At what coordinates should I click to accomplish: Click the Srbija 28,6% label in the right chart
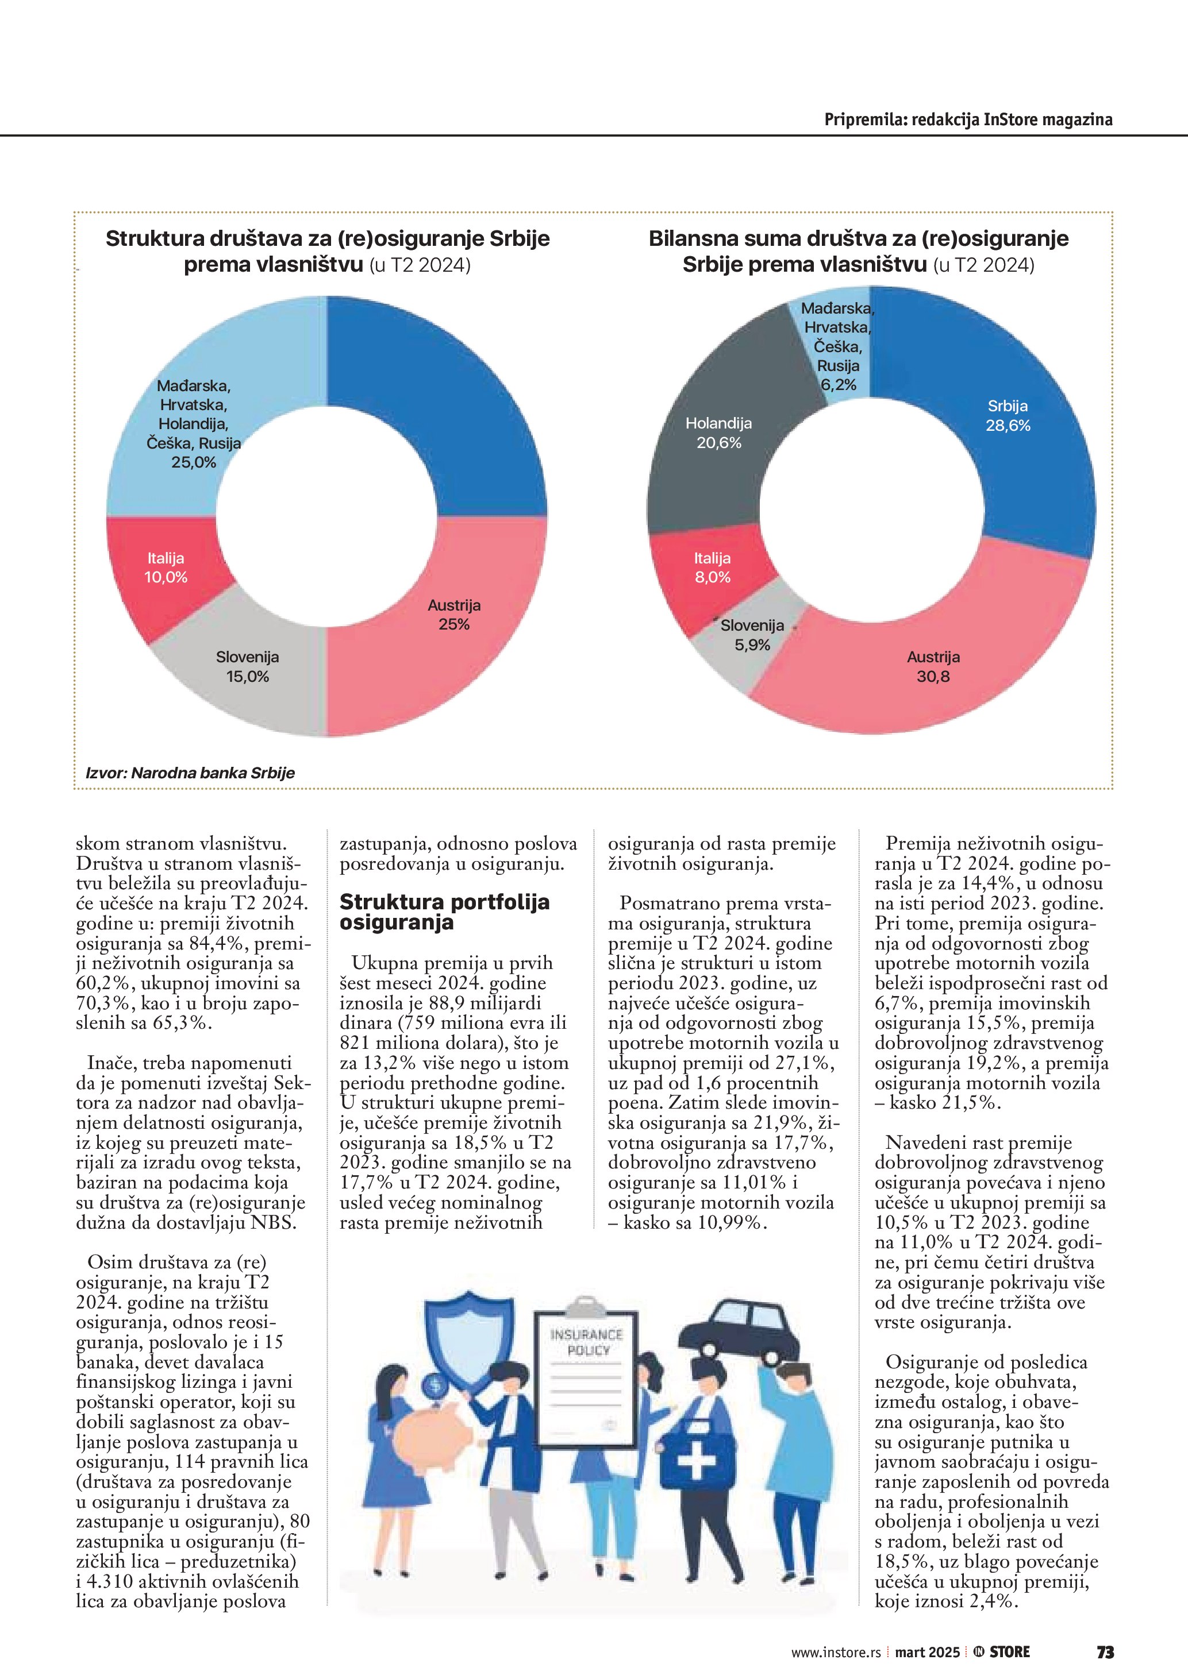tap(1008, 415)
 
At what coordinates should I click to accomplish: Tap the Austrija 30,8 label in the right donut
tap(933, 666)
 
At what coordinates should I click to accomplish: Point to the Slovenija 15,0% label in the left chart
tap(247, 666)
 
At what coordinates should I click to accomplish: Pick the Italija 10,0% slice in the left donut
tap(166, 568)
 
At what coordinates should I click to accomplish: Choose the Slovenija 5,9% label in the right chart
tap(752, 635)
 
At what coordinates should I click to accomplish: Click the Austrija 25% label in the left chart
tap(453, 614)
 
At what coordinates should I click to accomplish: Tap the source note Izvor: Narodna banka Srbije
tap(190, 772)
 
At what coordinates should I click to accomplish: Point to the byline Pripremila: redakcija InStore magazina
tap(968, 119)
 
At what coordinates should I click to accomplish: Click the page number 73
tap(1105, 1652)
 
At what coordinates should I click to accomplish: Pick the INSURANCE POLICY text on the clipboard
tap(586, 1342)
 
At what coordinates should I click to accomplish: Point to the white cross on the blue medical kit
tap(697, 1462)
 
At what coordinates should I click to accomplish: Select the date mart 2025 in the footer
tap(927, 1652)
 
